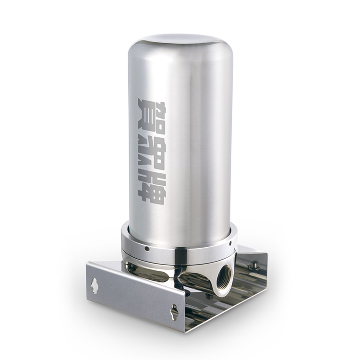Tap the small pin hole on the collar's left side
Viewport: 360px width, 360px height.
coord(146,248)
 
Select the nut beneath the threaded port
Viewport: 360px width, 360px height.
coord(208,297)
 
